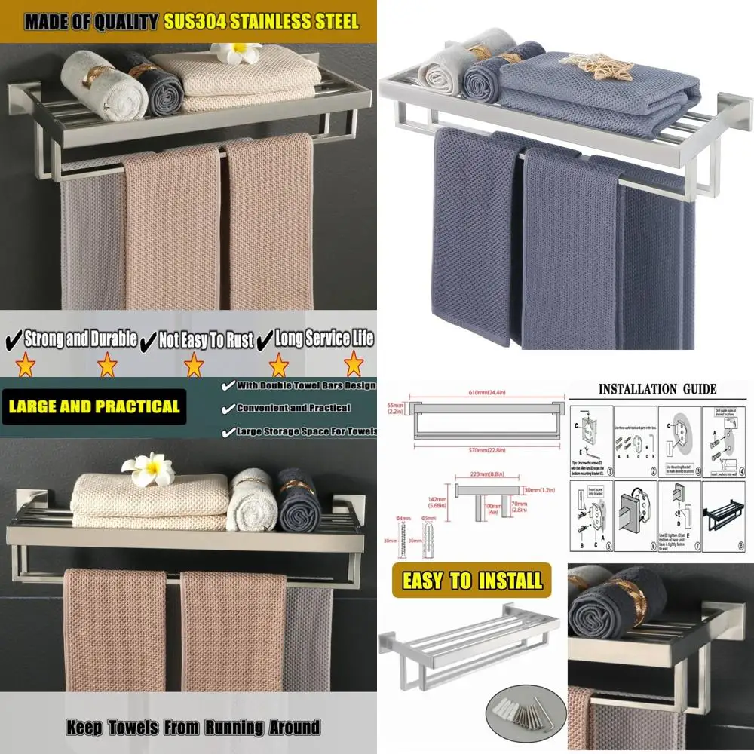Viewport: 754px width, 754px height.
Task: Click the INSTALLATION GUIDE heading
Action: tap(657, 389)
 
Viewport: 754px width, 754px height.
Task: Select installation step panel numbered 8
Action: tap(724, 514)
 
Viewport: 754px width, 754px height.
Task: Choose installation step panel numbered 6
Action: tap(636, 514)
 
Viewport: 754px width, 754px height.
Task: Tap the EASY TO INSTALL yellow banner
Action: tap(472, 581)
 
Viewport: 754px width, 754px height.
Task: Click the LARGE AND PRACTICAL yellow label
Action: tap(93, 407)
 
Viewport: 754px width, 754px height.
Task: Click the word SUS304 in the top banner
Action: tap(197, 21)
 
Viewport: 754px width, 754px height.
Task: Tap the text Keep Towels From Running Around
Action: tap(192, 728)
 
